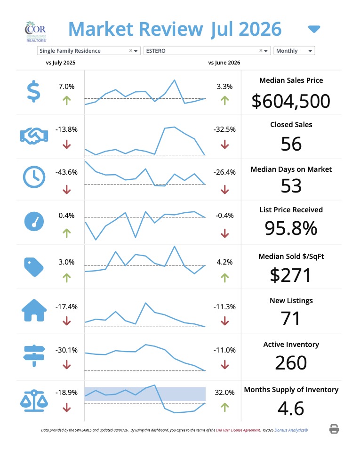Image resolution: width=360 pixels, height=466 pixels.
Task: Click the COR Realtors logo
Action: click(x=36, y=31)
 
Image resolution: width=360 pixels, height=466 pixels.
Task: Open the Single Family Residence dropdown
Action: click(x=88, y=51)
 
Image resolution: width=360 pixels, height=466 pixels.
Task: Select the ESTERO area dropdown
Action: click(x=207, y=51)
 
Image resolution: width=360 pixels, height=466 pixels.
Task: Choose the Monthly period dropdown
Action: click(x=294, y=51)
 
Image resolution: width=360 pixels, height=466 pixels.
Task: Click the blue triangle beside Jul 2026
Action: click(x=314, y=29)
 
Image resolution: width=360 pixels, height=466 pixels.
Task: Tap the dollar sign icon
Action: click(x=33, y=91)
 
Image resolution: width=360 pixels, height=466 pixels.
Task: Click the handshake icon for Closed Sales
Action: click(x=34, y=136)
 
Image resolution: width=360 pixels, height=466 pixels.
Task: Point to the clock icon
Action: click(x=34, y=177)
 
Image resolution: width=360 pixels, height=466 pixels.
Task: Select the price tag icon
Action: click(x=33, y=267)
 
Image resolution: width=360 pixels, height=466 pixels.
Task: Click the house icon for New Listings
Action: click(x=34, y=310)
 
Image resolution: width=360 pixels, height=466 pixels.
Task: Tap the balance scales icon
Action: click(x=34, y=401)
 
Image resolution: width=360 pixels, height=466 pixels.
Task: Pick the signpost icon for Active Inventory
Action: click(x=34, y=356)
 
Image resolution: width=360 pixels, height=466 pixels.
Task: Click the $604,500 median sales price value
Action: click(x=291, y=101)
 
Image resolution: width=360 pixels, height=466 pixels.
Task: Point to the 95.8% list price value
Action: click(x=291, y=228)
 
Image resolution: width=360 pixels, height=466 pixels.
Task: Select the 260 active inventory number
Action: click(x=291, y=362)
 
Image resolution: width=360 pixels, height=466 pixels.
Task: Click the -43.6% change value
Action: click(x=66, y=172)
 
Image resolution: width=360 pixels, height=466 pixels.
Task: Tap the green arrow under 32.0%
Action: click(x=225, y=407)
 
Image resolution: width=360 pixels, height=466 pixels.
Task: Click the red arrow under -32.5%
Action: click(x=225, y=144)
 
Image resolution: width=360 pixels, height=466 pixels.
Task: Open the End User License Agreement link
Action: click(x=238, y=430)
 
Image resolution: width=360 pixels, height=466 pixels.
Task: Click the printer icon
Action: click(x=334, y=429)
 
